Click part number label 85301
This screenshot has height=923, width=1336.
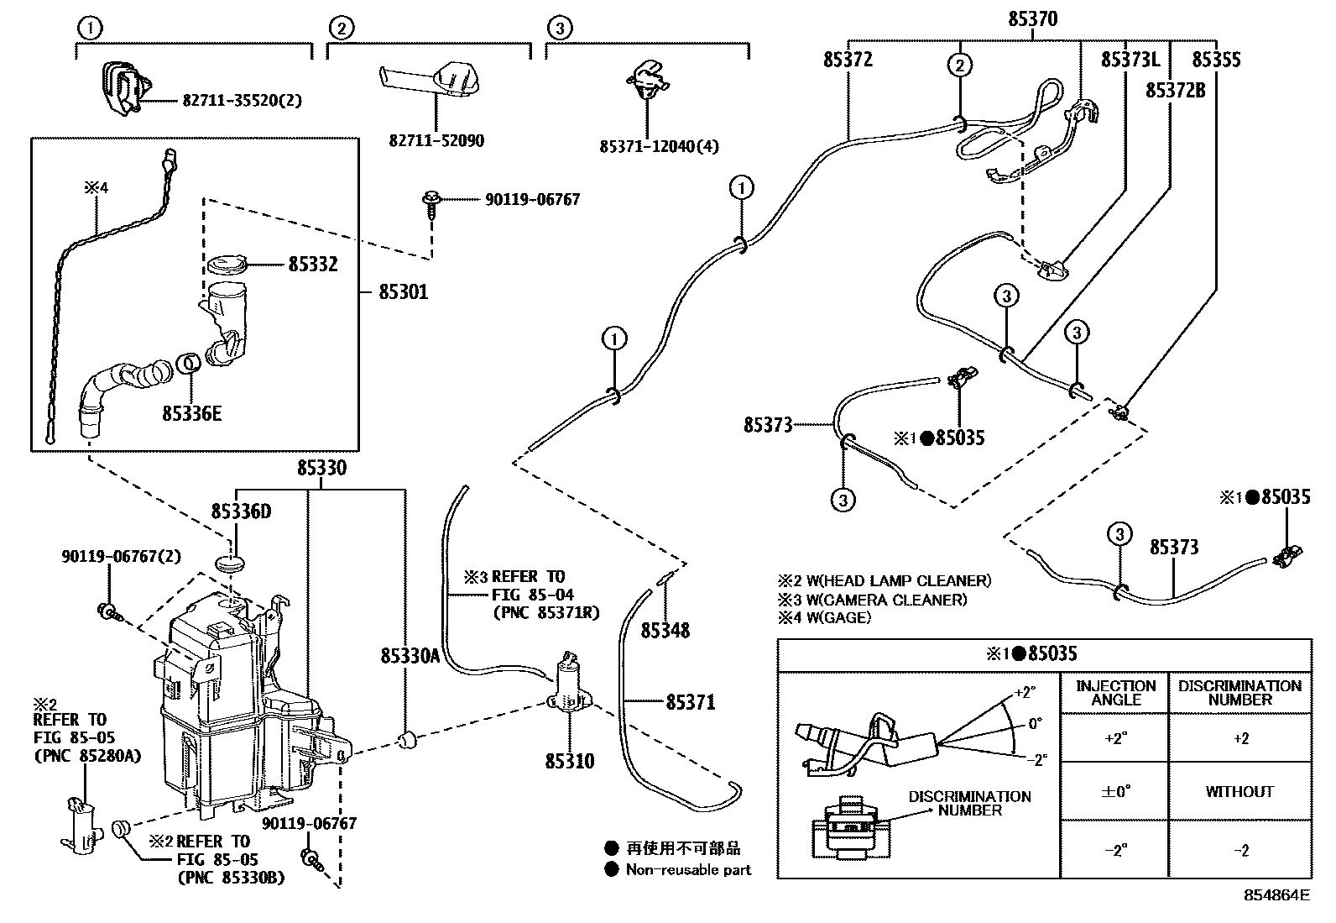[x=403, y=292]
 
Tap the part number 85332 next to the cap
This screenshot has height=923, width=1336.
[x=313, y=265]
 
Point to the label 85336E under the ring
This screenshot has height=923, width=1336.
[x=192, y=413]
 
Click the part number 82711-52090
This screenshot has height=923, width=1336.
[x=436, y=140]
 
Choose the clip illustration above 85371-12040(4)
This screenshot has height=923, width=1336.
[x=647, y=81]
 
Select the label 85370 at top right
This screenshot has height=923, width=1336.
[x=1032, y=18]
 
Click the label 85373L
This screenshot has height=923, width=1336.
[x=1130, y=60]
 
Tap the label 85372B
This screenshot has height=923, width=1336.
[x=1175, y=90]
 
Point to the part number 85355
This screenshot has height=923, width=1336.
[x=1216, y=60]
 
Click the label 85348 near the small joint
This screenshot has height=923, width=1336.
[x=665, y=630]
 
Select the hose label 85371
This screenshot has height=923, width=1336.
[x=691, y=701]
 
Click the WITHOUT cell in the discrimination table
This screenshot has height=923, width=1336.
[x=1239, y=791]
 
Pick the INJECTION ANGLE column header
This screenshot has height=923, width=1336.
[x=1115, y=692]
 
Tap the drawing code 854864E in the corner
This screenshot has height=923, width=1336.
[x=1276, y=894]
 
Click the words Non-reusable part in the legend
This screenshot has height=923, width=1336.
[x=688, y=870]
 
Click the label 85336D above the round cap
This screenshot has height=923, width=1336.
[x=241, y=511]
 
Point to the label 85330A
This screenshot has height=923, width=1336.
[x=410, y=656]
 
